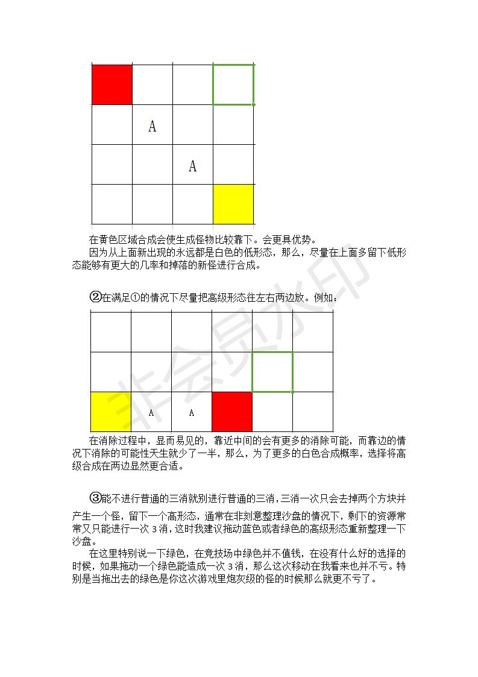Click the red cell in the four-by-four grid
(x=112, y=84)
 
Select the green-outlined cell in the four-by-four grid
(x=233, y=84)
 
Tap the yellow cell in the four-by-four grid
(x=233, y=205)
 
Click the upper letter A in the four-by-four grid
(x=152, y=126)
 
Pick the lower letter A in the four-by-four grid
(x=192, y=166)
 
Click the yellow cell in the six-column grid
(x=110, y=412)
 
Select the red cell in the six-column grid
(x=232, y=412)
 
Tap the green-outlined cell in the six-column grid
(x=272, y=372)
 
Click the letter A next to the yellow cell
(x=151, y=413)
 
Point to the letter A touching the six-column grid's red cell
(x=192, y=413)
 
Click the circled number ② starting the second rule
(x=95, y=297)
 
